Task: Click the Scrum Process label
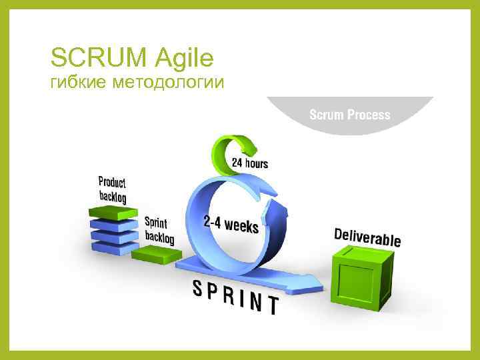[x=349, y=115]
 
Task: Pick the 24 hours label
[x=250, y=163]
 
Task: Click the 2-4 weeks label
[x=231, y=224]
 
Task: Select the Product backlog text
[x=112, y=189]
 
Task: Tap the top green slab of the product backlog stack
[x=109, y=213]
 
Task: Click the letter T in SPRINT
[x=271, y=305]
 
